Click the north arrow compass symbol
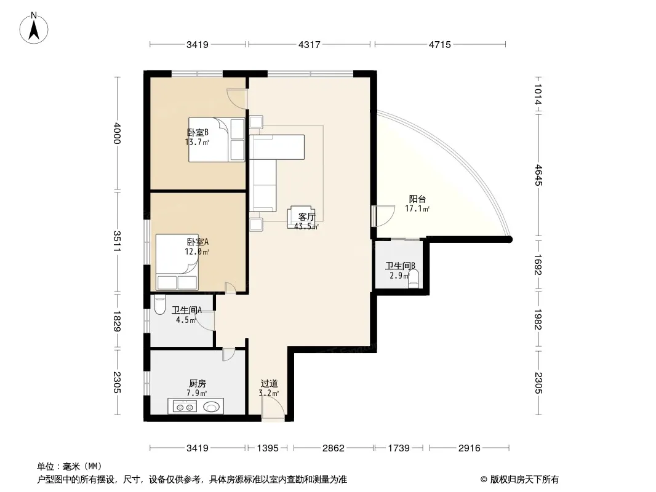point(34,28)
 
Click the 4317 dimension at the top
point(309,44)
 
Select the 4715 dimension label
point(440,44)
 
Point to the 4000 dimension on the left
point(117,133)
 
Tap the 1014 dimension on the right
point(538,95)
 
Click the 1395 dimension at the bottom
point(267,448)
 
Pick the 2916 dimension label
point(469,448)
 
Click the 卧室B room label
point(198,132)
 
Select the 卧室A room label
point(198,242)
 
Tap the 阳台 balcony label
point(417,199)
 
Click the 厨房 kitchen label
point(197,383)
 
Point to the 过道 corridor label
point(269,383)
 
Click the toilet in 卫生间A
point(159,305)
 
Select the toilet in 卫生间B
point(414,279)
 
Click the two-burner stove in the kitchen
point(185,407)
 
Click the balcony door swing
point(383,216)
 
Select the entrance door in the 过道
point(273,408)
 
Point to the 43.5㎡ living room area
point(306,226)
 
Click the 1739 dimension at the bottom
point(399,448)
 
